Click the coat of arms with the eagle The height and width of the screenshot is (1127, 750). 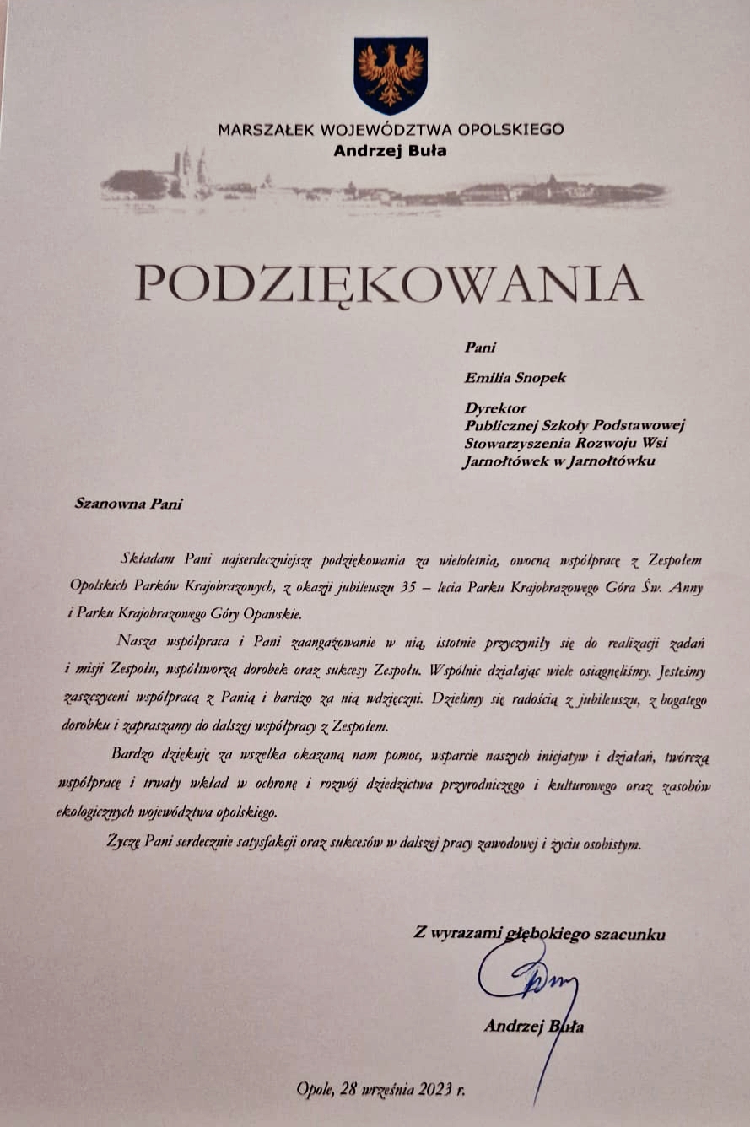pyautogui.click(x=390, y=74)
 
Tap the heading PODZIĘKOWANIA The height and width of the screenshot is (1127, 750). pyautogui.click(x=389, y=283)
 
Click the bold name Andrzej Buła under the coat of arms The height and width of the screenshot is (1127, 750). pyautogui.click(x=390, y=152)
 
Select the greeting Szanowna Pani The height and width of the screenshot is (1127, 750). pyautogui.click(x=128, y=504)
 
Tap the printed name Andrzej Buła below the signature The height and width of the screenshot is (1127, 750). pyautogui.click(x=533, y=1027)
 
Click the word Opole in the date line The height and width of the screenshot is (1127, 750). pyautogui.click(x=316, y=1090)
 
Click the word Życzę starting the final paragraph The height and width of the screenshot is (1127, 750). pyautogui.click(x=125, y=841)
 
